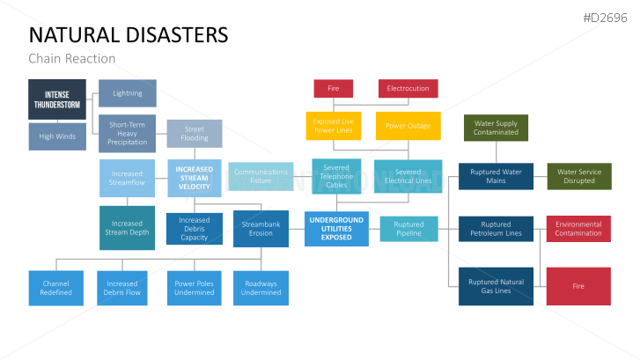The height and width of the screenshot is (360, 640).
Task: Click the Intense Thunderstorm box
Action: pyautogui.click(x=57, y=99)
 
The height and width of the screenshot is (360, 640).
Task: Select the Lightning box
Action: pyautogui.click(x=128, y=93)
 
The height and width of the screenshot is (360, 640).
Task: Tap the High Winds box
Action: pyautogui.click(x=57, y=136)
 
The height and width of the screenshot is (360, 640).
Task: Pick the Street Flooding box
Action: pyautogui.click(x=195, y=133)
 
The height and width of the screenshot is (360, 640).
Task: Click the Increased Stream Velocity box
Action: pyautogui.click(x=195, y=178)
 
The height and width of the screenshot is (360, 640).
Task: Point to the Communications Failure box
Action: pyautogui.click(x=261, y=177)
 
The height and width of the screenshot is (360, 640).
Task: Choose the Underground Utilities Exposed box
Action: pyautogui.click(x=336, y=229)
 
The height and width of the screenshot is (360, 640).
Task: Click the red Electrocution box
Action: pyautogui.click(x=408, y=89)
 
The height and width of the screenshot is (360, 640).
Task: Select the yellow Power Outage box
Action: pyautogui.click(x=408, y=126)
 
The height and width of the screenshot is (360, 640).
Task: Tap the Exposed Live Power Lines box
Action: pyautogui.click(x=334, y=126)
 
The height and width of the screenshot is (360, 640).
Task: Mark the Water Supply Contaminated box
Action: pyautogui.click(x=496, y=129)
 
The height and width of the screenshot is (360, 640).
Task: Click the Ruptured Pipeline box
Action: pyautogui.click(x=408, y=229)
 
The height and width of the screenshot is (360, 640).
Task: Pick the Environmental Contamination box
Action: pyautogui.click(x=578, y=229)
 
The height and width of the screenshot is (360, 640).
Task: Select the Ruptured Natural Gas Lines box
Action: pyautogui.click(x=496, y=286)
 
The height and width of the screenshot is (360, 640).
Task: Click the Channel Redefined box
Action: pyautogui.click(x=55, y=288)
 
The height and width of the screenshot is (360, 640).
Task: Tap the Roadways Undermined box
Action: pyautogui.click(x=261, y=288)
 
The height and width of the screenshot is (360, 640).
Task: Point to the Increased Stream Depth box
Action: pyautogui.click(x=127, y=228)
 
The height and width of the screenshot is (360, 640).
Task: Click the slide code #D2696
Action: pyautogui.click(x=607, y=18)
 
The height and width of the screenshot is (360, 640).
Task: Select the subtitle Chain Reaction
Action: pyautogui.click(x=72, y=59)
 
